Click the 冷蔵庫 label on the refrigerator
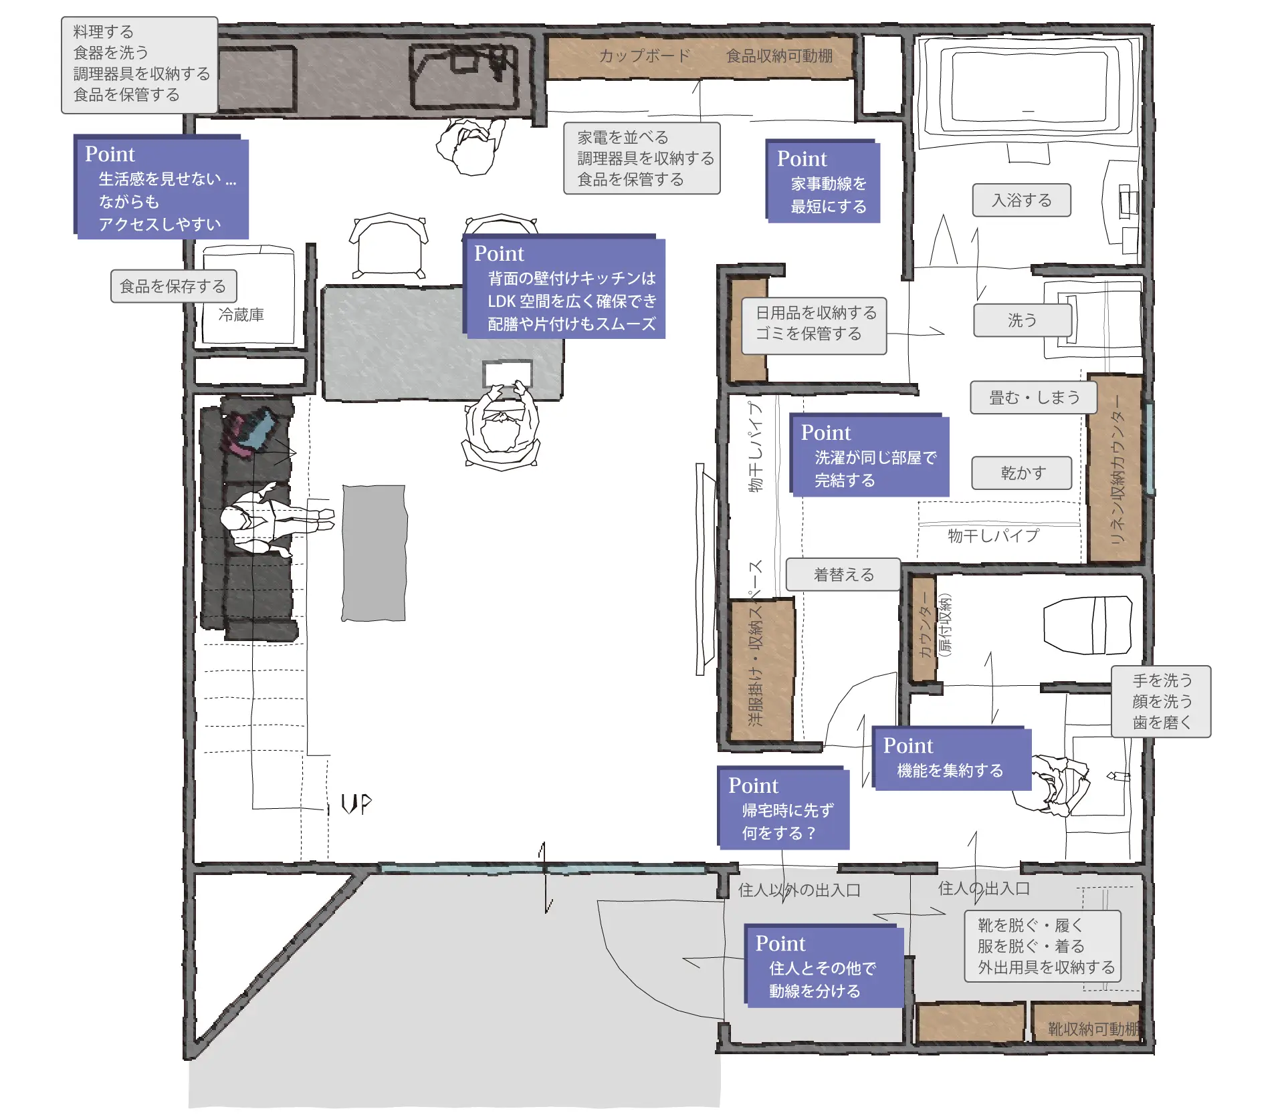pos(241,314)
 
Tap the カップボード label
pos(644,55)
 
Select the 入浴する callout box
pos(1021,200)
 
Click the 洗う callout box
pos(1023,320)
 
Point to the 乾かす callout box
pos(1022,473)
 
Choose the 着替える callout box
pos(843,574)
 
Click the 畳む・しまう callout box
pos(1034,398)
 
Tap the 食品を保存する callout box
pos(173,286)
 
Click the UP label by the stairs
pos(356,803)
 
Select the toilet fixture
pos(1087,625)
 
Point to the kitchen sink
pos(464,76)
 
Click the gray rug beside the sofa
pos(374,553)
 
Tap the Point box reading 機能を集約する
pos(952,758)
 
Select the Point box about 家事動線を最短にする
pos(823,180)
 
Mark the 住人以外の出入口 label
pos(799,890)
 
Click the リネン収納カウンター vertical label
pos(1117,469)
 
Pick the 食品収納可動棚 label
pos(779,55)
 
